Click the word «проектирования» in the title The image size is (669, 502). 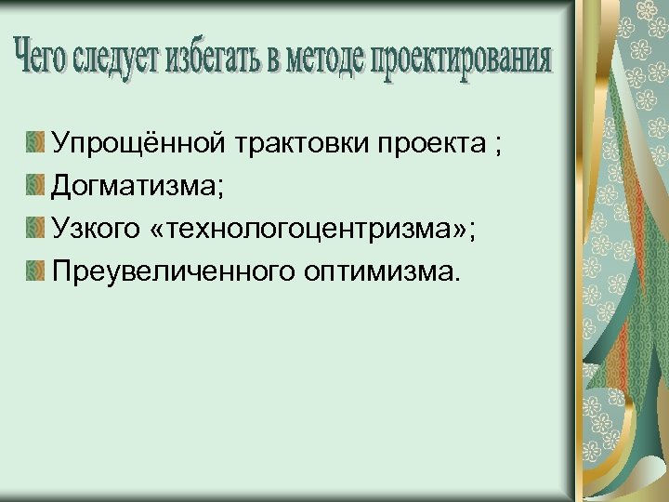(x=462, y=59)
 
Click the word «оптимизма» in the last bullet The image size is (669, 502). (x=380, y=271)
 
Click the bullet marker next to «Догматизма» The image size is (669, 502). (x=35, y=185)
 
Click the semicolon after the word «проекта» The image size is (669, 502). (x=499, y=146)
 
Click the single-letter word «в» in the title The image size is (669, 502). (x=271, y=59)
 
